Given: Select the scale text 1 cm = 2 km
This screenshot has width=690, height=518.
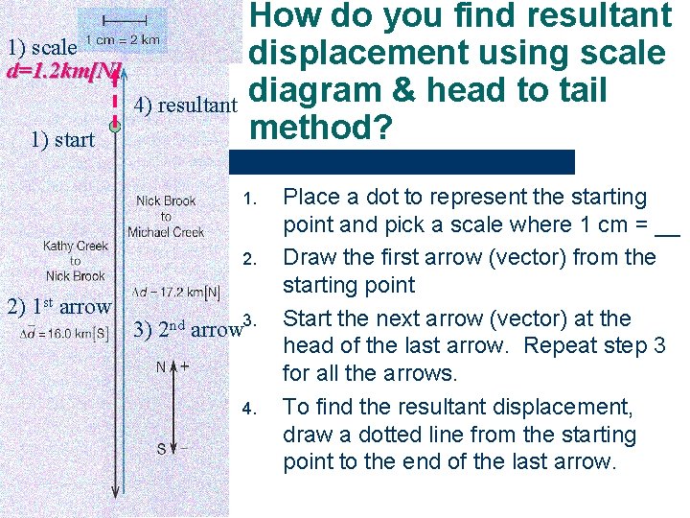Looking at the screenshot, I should click(123, 41).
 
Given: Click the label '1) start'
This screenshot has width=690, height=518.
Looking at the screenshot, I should click(62, 140).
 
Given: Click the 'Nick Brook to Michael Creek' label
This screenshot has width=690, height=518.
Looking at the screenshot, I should click(166, 217).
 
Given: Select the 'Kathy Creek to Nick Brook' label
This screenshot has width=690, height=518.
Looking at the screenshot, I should click(75, 261).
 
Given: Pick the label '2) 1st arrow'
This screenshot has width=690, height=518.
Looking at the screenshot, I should click(58, 307).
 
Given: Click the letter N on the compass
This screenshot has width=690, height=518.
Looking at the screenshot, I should click(161, 366).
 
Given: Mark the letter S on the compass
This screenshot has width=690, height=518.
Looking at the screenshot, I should click(161, 448).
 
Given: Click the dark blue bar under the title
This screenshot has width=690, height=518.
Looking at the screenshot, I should click(411, 161).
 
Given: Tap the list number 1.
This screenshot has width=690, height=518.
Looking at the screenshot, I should click(250, 200).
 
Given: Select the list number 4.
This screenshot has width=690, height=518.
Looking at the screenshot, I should click(250, 409).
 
